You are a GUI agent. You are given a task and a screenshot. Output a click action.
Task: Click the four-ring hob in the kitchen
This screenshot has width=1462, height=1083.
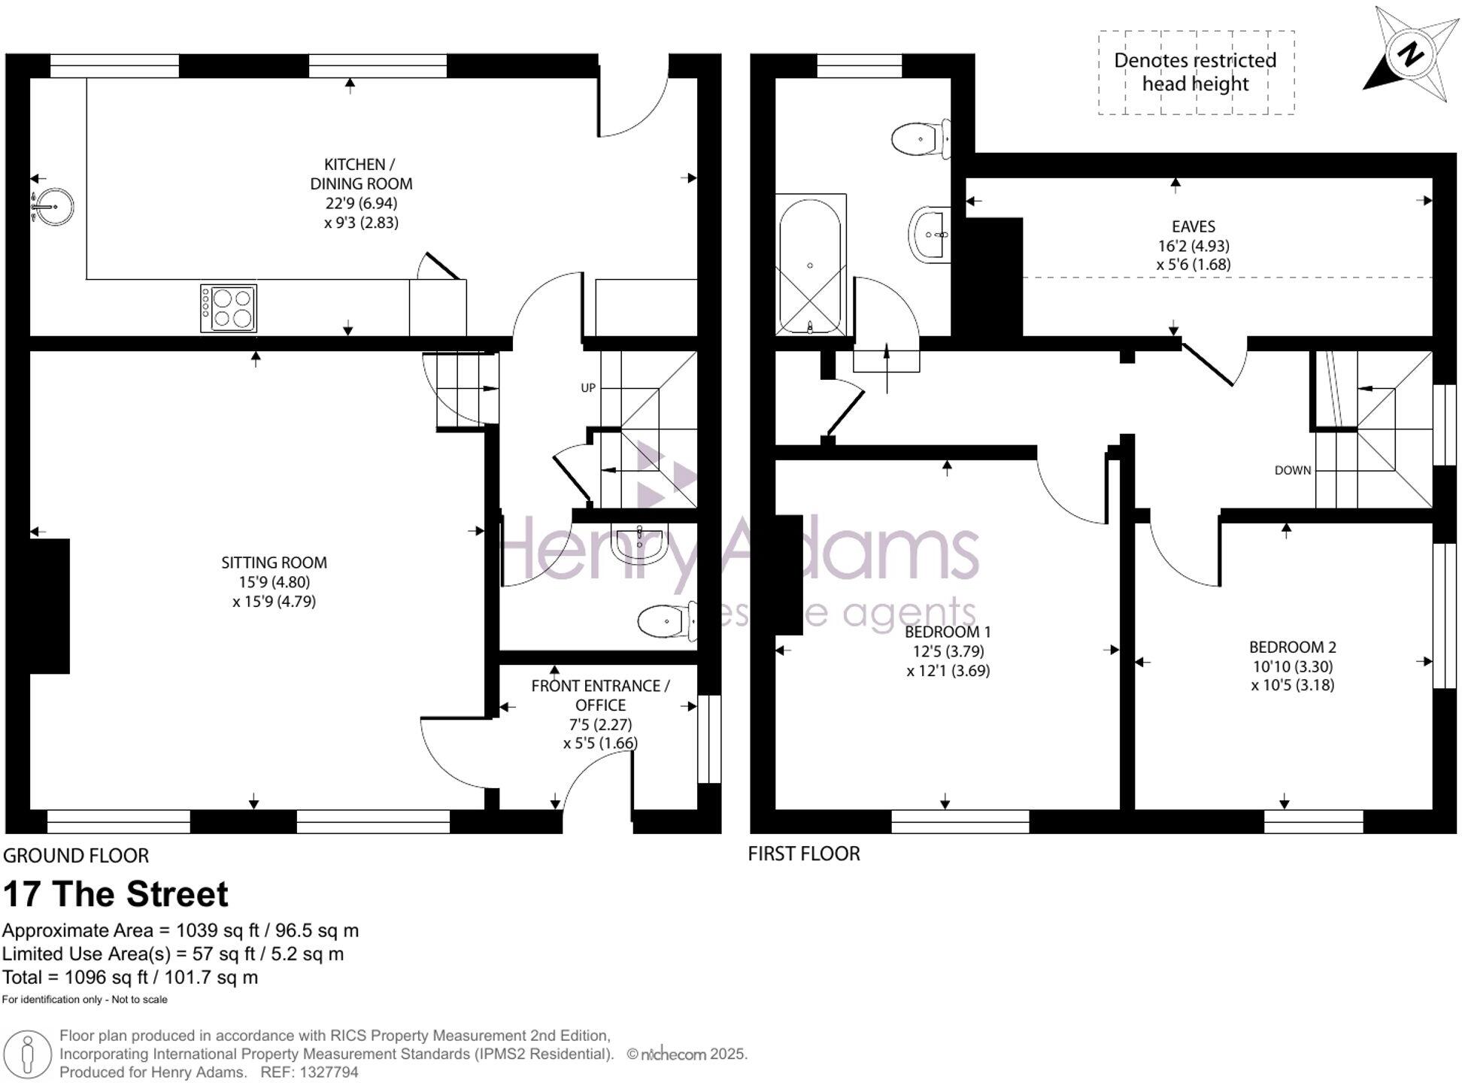pyautogui.click(x=229, y=308)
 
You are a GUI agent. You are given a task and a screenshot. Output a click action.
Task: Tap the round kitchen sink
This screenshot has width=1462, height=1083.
pyautogui.click(x=55, y=205)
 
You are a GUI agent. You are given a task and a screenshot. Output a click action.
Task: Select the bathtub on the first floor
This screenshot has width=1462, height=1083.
pyautogui.click(x=810, y=264)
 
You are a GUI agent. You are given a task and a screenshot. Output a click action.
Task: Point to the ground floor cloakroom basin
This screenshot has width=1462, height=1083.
pyautogui.click(x=639, y=544)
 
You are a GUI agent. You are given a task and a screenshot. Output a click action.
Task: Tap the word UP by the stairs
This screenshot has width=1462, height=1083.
pyautogui.click(x=588, y=388)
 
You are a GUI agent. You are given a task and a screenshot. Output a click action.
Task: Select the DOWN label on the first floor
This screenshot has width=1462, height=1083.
pyautogui.click(x=1292, y=471)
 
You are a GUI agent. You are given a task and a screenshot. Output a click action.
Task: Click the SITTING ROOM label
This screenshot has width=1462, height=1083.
pyautogui.click(x=274, y=563)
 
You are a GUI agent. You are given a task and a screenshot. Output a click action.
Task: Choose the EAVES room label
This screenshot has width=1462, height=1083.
pyautogui.click(x=1193, y=226)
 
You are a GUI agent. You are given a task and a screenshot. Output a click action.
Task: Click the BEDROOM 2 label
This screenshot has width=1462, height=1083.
pyautogui.click(x=1292, y=647)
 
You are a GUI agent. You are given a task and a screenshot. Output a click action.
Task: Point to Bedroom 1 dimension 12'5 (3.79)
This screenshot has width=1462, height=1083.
pyautogui.click(x=948, y=651)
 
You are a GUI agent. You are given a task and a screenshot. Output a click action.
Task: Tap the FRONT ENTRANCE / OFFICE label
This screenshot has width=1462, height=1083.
pyautogui.click(x=600, y=695)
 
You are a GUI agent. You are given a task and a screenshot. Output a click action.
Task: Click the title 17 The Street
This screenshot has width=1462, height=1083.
pyautogui.click(x=116, y=894)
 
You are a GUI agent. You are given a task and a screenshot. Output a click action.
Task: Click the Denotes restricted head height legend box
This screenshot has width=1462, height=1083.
pyautogui.click(x=1196, y=72)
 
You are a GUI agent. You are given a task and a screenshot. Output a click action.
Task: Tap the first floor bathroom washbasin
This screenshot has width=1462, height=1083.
pyautogui.click(x=930, y=235)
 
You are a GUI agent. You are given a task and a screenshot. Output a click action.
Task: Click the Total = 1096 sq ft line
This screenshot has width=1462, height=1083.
pyautogui.click(x=130, y=978)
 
